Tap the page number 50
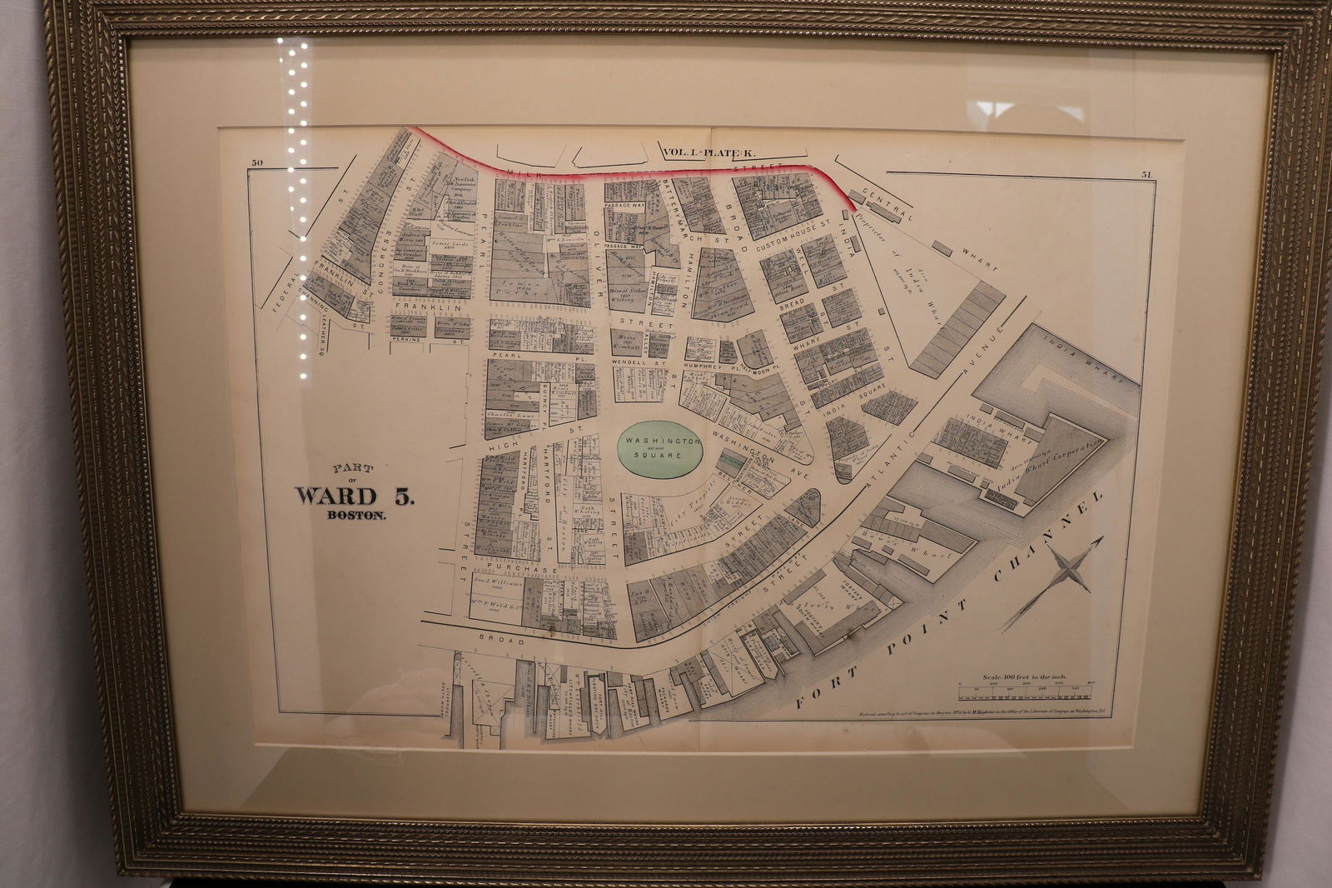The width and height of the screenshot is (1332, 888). click(x=257, y=164)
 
